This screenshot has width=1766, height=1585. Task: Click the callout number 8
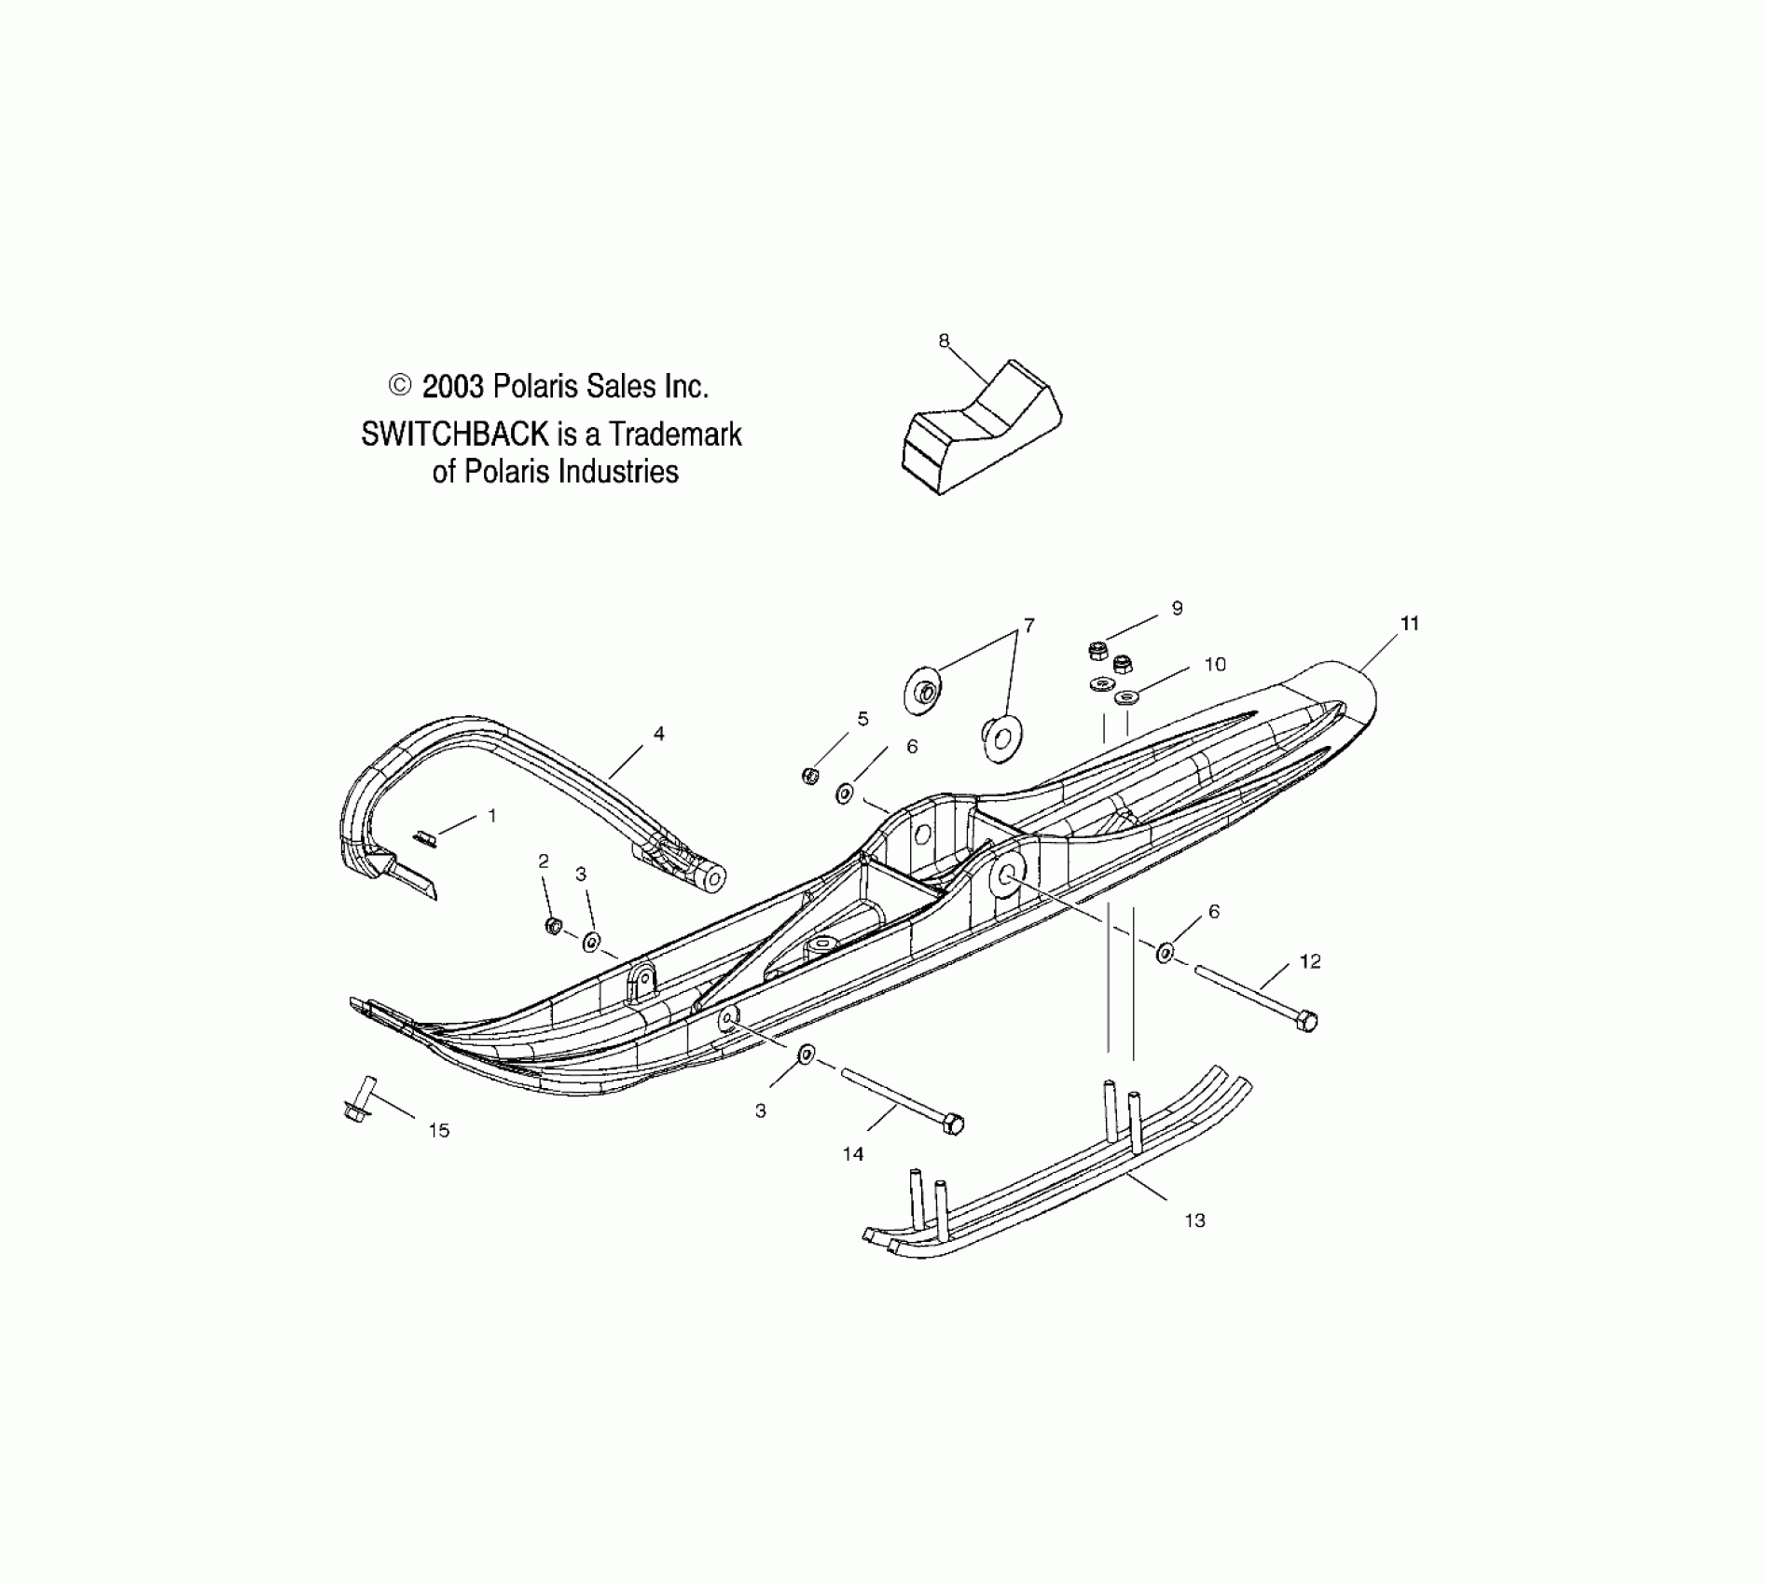944,341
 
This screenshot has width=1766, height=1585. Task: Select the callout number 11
1410,624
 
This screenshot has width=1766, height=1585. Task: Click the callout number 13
1194,1220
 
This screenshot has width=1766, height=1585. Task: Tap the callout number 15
439,1131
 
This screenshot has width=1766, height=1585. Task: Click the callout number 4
659,734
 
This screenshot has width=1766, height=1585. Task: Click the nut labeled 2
553,925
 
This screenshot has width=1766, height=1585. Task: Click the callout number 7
1029,626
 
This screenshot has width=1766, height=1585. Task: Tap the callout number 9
1178,608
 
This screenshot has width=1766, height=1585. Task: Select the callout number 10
1215,664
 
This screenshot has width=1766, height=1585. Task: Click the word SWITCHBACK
454,434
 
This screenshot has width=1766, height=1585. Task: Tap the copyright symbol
399,385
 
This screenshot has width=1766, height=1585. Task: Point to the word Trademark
676,434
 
